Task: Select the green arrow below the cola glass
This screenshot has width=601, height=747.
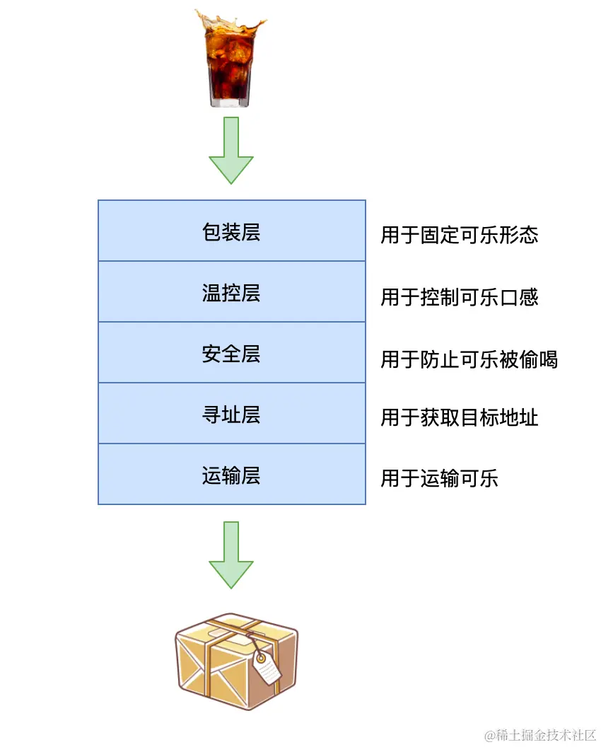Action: point(231,150)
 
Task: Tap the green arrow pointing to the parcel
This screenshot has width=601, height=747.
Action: point(231,555)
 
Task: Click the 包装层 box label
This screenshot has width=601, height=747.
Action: point(231,232)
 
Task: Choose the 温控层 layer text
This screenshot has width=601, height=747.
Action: point(231,293)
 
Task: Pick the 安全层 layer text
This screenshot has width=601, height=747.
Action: point(231,354)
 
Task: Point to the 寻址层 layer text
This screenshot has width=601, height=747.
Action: point(231,415)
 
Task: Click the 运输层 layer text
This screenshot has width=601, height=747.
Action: point(231,475)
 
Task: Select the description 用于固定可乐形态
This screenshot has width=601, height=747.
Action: point(460,235)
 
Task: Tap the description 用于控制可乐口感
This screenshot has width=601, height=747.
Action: point(460,296)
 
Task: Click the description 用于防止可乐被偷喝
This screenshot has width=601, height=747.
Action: point(469,359)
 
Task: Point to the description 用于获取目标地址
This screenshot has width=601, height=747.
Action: point(460,417)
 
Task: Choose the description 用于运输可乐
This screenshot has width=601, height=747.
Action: point(439,478)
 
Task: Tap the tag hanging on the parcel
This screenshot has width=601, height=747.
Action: point(267,666)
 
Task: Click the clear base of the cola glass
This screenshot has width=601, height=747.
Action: point(231,100)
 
